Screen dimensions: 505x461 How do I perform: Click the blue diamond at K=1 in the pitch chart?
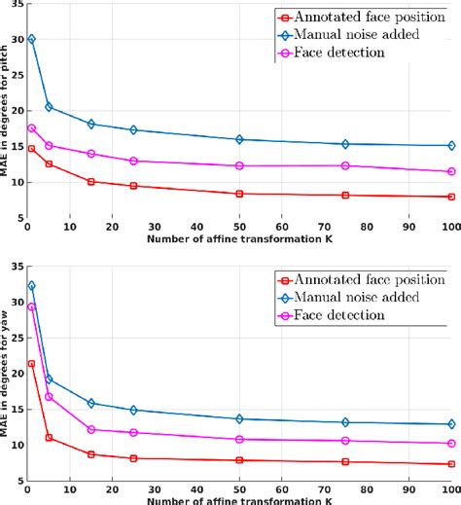click(31, 39)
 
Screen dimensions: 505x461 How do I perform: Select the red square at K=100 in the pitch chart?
click(451, 197)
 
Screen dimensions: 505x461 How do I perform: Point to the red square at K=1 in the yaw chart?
click(31, 364)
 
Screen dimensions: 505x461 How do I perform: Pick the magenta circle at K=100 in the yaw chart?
click(451, 444)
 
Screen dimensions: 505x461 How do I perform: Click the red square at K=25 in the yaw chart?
click(133, 458)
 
